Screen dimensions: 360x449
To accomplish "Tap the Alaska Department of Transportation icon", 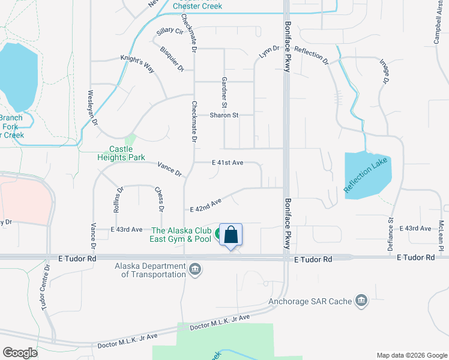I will pyautogui.click(x=195, y=269).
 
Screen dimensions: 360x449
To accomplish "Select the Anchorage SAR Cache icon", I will pyautogui.click(x=361, y=301).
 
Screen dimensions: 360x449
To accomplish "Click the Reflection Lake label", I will pyautogui.click(x=367, y=175).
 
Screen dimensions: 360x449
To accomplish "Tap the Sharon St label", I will pyautogui.click(x=224, y=115).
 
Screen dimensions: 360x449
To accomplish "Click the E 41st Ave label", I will pyautogui.click(x=228, y=163).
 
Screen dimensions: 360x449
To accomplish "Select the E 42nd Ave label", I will pyautogui.click(x=206, y=205).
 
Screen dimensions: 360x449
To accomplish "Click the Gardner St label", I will pyautogui.click(x=224, y=89).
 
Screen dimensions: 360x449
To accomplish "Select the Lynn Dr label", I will pyautogui.click(x=270, y=52).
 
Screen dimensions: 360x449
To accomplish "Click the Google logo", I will pyautogui.click(x=20, y=353).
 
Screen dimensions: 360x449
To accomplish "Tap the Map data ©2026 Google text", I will pyautogui.click(x=411, y=355).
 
